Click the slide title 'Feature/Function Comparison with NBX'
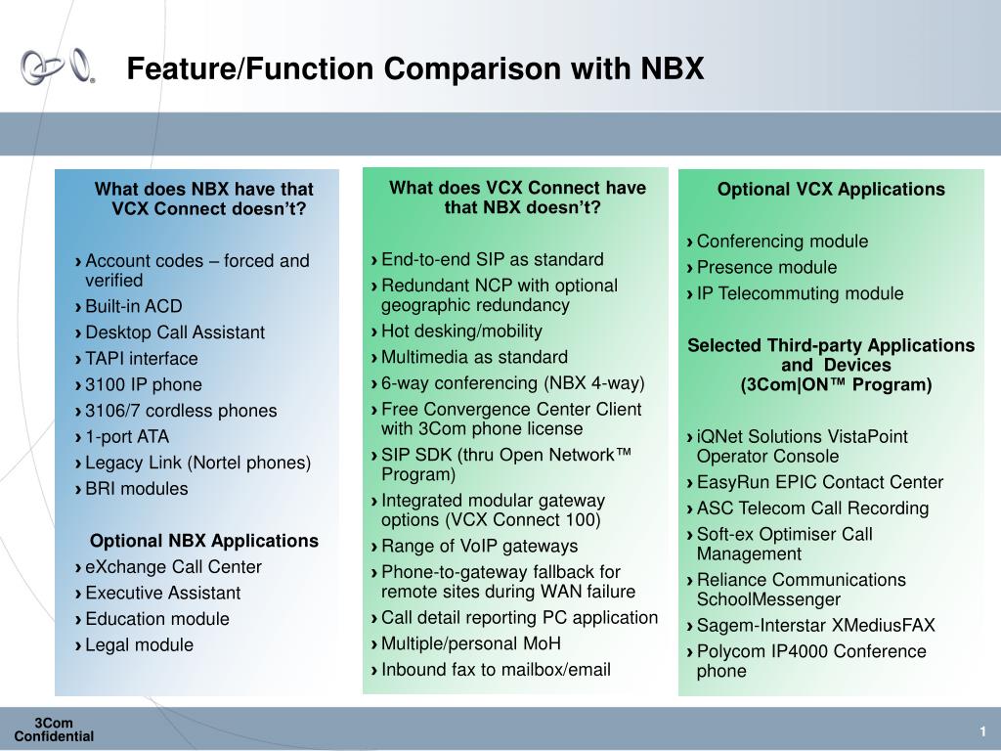[414, 68]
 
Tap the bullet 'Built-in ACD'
[133, 306]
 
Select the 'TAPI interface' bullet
[141, 358]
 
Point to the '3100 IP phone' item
[144, 384]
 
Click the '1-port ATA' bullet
[127, 437]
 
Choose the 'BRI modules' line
[137, 489]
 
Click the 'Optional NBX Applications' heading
[204, 541]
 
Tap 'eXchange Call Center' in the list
[173, 567]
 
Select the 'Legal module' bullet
[139, 645]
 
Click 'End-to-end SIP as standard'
[493, 259]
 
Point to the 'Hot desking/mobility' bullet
[461, 331]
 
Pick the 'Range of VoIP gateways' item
[479, 546]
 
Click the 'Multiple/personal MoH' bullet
[470, 643]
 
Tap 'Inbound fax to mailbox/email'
[496, 669]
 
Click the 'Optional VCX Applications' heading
[831, 189]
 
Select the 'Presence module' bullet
[766, 267]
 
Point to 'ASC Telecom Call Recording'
[812, 508]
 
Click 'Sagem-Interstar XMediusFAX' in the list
[816, 625]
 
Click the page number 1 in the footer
[983, 731]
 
